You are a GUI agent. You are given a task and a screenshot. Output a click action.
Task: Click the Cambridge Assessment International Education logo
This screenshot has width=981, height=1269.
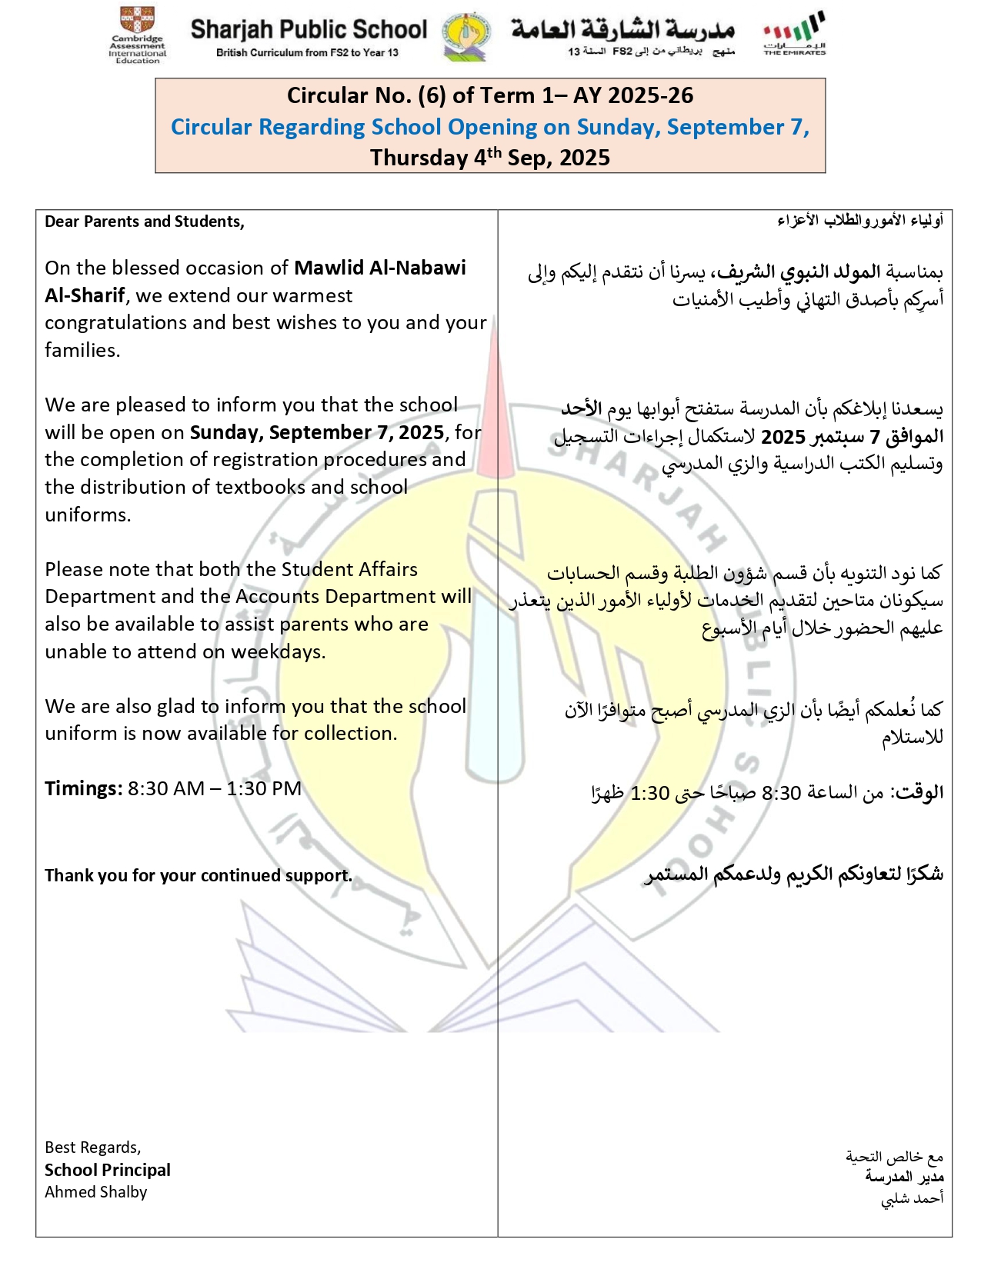[x=138, y=35]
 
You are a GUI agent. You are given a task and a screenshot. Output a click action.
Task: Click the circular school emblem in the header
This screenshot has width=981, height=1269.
[x=466, y=36]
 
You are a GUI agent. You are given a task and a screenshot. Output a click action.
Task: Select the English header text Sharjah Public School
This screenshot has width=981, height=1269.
[x=309, y=30]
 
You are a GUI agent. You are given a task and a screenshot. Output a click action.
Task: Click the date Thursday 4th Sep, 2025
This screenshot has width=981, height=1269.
[x=490, y=158]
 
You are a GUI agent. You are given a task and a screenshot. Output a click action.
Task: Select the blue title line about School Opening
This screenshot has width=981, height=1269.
[x=490, y=127]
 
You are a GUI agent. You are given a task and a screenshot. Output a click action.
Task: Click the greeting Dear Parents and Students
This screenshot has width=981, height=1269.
[x=145, y=221]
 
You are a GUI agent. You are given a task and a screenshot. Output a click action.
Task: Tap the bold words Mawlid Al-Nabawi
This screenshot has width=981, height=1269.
[x=380, y=268]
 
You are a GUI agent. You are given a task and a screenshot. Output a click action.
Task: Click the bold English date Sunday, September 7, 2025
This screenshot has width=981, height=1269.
[x=317, y=432]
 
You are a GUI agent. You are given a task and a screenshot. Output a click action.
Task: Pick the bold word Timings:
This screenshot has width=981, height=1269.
[x=83, y=788]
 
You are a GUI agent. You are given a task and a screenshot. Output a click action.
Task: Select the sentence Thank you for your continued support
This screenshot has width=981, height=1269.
[x=199, y=875]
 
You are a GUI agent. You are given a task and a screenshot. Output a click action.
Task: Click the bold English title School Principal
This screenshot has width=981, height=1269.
[x=108, y=1170]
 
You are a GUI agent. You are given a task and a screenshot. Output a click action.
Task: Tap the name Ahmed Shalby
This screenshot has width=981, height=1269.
[x=96, y=1192]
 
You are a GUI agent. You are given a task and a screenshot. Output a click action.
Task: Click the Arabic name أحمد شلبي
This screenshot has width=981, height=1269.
[x=912, y=1198]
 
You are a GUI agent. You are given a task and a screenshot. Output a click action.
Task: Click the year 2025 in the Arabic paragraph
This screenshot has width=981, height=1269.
[x=782, y=437]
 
